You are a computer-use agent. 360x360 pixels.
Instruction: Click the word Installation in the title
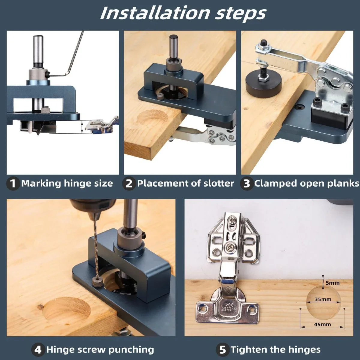155,13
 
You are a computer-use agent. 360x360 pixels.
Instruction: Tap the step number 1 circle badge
13,183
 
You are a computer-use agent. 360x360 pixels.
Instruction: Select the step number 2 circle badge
129,183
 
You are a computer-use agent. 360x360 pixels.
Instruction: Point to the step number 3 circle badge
246,183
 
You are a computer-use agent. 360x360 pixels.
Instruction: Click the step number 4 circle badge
38,349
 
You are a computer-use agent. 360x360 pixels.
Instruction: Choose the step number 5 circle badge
222,349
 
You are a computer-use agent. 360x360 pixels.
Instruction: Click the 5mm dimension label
333,283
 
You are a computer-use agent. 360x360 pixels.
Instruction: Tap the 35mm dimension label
323,299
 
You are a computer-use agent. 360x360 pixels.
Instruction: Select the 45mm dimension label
322,324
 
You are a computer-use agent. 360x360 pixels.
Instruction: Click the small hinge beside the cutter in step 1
100,126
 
